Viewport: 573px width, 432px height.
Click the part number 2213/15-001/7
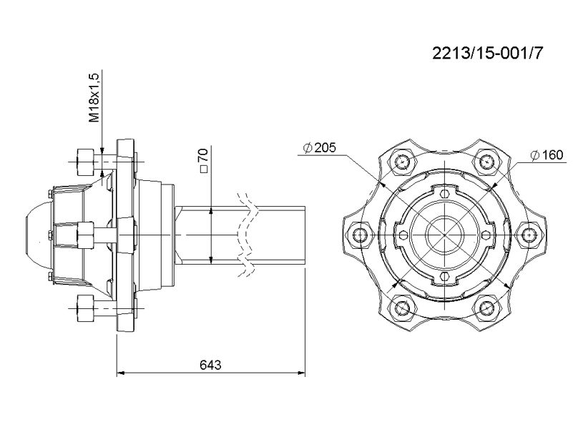487,54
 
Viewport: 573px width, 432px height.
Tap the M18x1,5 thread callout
94,97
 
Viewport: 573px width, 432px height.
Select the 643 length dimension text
210,364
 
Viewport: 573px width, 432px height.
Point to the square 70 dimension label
204,159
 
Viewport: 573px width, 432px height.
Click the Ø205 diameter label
319,147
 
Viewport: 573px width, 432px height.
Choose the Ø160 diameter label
547,155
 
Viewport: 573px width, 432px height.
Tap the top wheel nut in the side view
85,162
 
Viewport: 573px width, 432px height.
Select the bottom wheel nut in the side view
85,308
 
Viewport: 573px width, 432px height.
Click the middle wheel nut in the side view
86,235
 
